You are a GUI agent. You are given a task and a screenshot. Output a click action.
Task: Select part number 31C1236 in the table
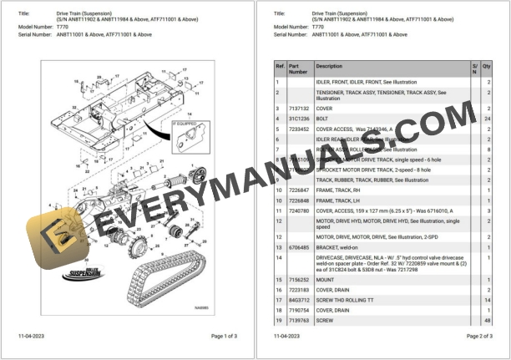298,119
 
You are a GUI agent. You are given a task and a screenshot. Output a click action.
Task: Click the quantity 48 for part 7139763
487,320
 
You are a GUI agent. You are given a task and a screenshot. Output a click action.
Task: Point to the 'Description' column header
329,65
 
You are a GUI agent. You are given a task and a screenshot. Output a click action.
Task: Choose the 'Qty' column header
487,65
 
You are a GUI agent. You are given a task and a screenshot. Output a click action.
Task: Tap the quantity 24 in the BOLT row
487,119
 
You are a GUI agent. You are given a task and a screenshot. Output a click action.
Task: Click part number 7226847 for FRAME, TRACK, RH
299,190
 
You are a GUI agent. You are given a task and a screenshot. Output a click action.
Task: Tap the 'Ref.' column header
281,65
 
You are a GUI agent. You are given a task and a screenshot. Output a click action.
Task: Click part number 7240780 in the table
299,211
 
